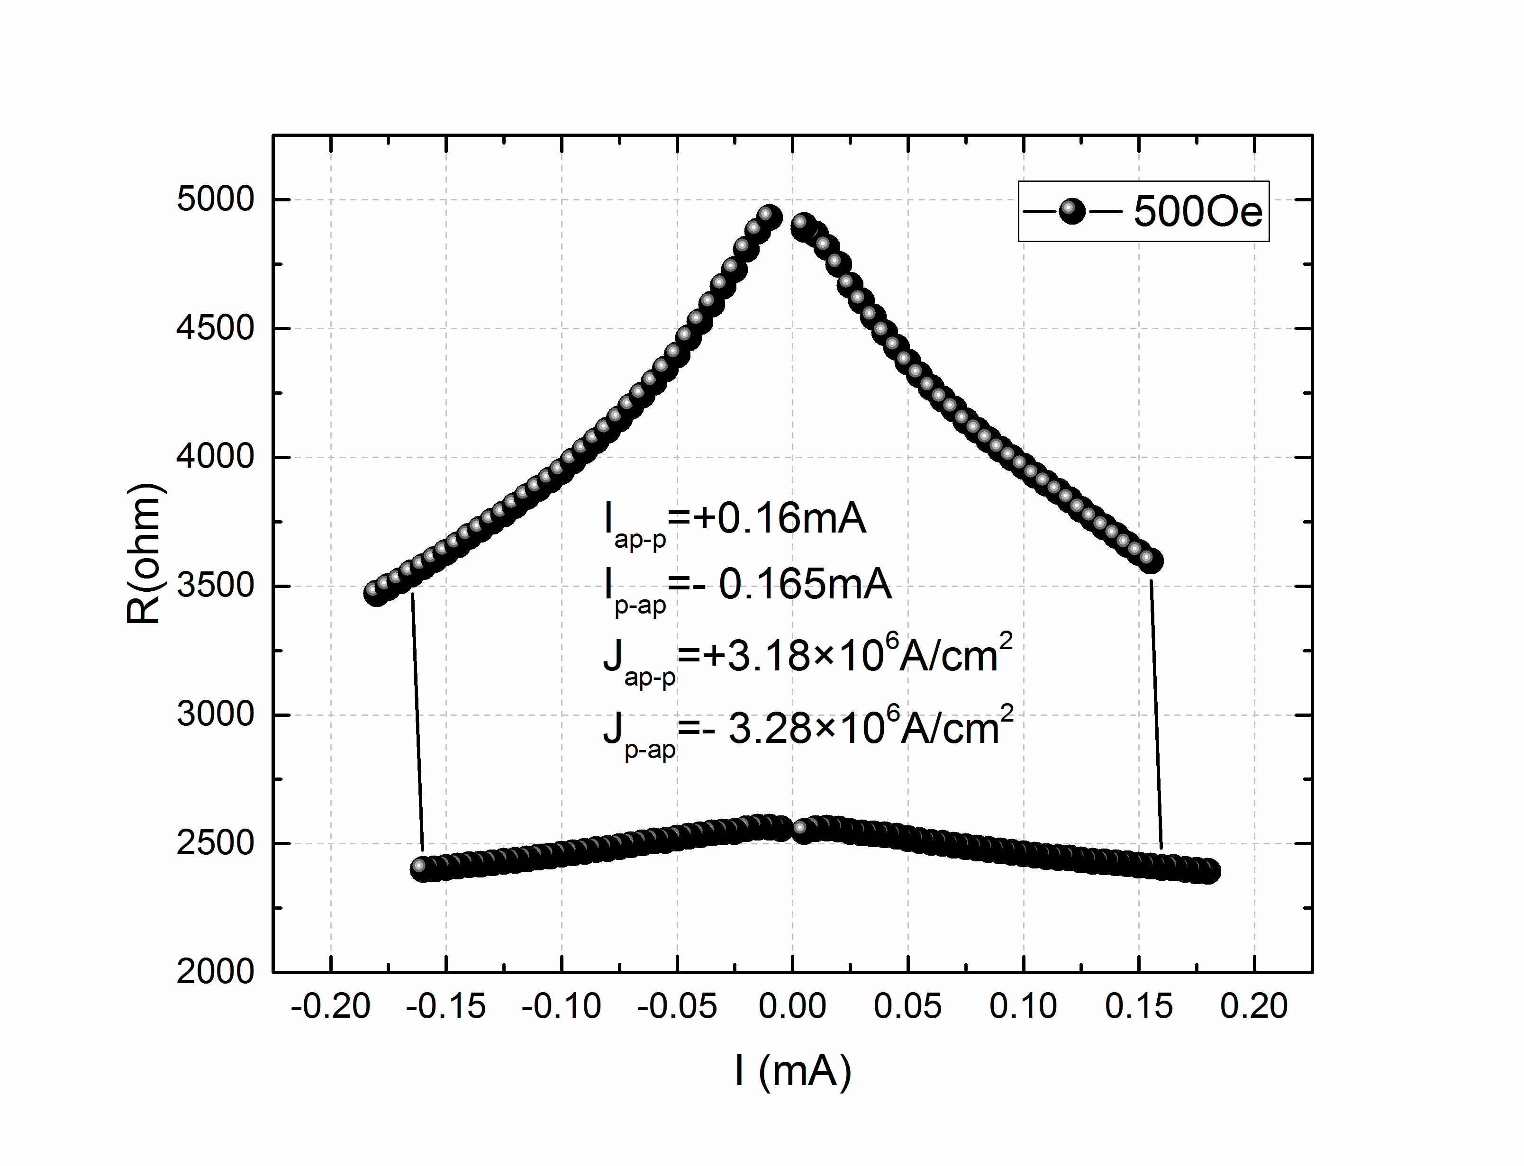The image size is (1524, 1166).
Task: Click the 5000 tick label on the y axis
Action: tap(215, 200)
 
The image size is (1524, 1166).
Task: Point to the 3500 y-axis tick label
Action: tap(215, 586)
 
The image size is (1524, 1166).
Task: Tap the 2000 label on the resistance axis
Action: tap(215, 972)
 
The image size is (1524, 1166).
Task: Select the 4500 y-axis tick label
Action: tap(215, 328)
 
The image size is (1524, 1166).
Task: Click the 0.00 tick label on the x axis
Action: tap(792, 1006)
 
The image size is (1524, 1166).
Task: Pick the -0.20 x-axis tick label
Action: tap(330, 1006)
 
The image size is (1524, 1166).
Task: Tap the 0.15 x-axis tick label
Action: tap(1138, 1006)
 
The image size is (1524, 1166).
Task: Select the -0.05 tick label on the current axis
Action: tap(677, 1006)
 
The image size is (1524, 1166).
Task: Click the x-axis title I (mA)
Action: tap(792, 1070)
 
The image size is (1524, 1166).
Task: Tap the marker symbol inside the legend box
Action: tap(1072, 211)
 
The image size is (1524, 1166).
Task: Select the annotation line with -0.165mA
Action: tap(748, 587)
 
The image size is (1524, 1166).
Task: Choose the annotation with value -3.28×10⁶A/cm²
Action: tap(808, 729)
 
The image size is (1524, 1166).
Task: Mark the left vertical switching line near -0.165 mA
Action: tap(418, 722)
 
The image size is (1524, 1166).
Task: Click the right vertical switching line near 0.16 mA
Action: tap(1156, 715)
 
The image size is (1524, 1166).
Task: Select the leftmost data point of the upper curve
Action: tap(375, 593)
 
